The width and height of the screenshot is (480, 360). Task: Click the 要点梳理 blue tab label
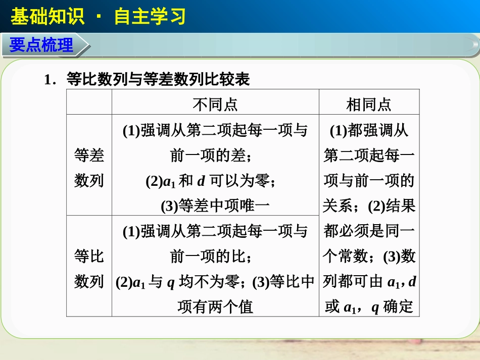tap(41, 45)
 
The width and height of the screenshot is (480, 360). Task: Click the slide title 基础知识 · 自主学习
tap(98, 17)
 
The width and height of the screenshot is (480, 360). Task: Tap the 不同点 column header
tap(215, 105)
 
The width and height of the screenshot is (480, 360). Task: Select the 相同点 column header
tap(369, 105)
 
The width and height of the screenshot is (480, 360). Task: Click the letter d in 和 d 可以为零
tap(201, 181)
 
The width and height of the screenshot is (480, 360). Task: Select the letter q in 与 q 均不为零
tap(171, 282)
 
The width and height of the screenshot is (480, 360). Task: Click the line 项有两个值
tap(215, 306)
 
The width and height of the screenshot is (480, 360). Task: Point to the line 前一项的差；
tap(212, 156)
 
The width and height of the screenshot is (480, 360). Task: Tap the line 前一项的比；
tap(212, 256)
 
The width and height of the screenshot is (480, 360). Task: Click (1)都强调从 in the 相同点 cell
tap(369, 130)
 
